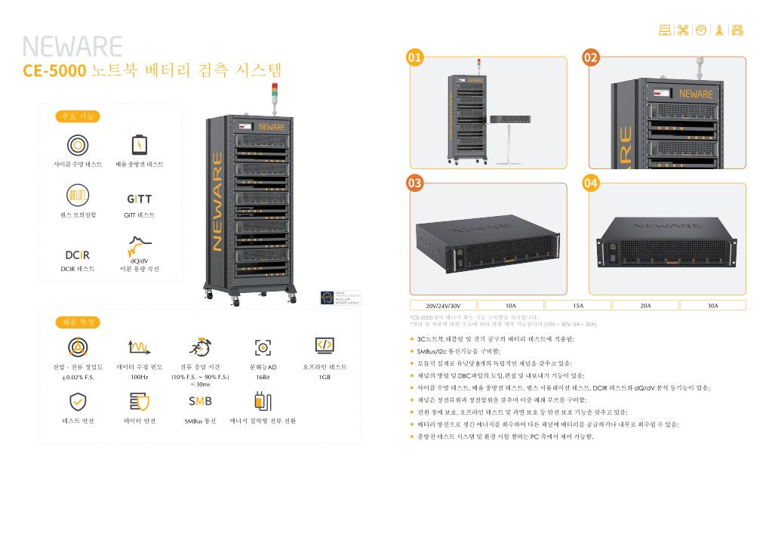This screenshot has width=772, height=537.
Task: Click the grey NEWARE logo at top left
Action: pos(72,47)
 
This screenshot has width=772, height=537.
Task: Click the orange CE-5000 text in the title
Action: pos(54,72)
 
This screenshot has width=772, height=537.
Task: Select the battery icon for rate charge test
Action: pos(140,144)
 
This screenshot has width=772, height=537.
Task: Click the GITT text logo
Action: pos(139,199)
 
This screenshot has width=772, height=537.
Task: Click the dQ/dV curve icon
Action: pos(139,247)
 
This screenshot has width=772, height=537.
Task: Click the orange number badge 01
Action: pos(414,57)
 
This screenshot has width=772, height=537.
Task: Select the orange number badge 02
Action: pos(591,57)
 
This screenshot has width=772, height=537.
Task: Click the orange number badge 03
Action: pos(414,183)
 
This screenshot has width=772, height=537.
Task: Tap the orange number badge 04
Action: pos(591,183)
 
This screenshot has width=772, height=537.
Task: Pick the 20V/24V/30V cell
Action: pos(443,305)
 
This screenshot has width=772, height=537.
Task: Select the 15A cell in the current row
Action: pos(578,305)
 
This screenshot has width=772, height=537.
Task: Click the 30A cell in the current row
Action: pos(712,305)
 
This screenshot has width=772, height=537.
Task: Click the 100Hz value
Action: pos(140,376)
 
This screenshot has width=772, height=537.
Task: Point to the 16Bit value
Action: pos(263,376)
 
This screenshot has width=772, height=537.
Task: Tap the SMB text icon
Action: pos(200,400)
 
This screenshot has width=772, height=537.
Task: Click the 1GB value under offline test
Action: pos(324,376)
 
